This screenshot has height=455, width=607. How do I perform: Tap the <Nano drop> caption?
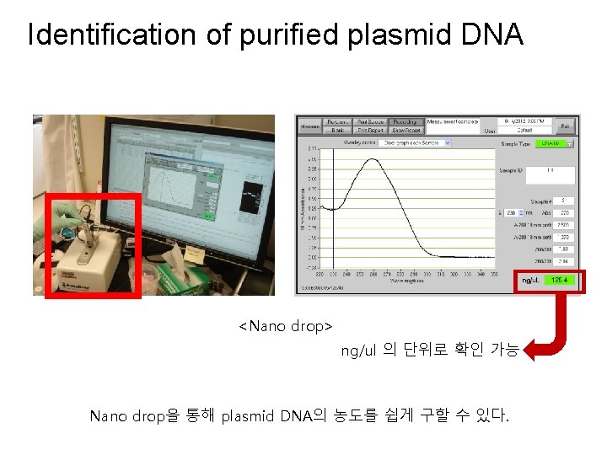(x=286, y=325)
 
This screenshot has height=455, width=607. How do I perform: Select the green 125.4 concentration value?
(x=560, y=281)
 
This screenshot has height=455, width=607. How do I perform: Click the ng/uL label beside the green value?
(x=530, y=281)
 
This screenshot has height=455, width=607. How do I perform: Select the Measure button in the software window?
(x=309, y=126)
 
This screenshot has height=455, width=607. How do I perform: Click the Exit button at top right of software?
(x=566, y=126)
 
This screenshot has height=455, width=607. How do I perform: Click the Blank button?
(x=338, y=131)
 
